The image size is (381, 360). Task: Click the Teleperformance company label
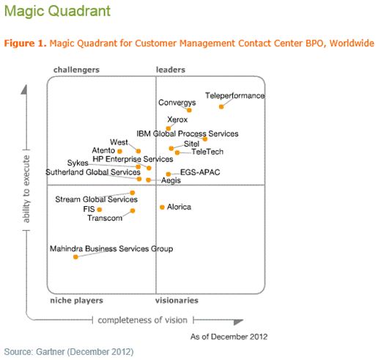point(234,96)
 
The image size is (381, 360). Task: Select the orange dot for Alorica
point(162,207)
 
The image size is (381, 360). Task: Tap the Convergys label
point(177,103)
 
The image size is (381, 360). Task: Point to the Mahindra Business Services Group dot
point(75,257)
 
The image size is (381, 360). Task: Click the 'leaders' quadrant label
point(171,70)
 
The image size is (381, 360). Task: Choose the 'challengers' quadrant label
point(76,70)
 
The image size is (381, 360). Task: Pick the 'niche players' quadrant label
point(76,301)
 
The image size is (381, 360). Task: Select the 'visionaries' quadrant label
point(177,301)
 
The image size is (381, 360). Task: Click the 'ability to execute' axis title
point(26,186)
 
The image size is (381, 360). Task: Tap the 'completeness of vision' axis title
point(143,320)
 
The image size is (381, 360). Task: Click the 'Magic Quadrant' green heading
point(56,11)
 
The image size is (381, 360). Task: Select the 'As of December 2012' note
point(229,337)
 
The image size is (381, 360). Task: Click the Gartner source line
point(69,352)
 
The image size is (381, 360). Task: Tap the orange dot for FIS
point(100,210)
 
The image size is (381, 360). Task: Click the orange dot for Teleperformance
point(221,107)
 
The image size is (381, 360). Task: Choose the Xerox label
point(177,119)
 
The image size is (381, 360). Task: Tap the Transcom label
point(105,218)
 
